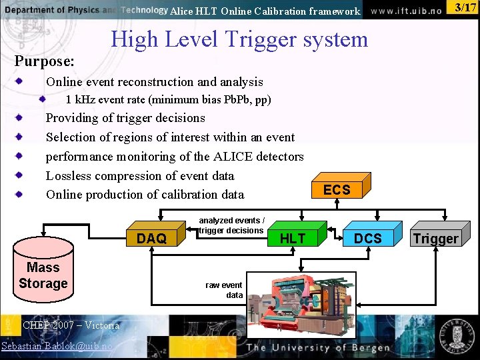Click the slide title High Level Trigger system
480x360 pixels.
pos(239,39)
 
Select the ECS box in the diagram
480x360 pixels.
pos(337,189)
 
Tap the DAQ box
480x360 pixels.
pos(152,238)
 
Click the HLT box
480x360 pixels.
pos(293,238)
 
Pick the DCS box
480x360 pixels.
pos(368,238)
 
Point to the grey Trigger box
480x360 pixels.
pos(435,238)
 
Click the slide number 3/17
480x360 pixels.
pos(465,8)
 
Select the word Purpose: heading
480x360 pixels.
pos(45,61)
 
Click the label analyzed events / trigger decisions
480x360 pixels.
pos(231,225)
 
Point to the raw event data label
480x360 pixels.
pos(224,290)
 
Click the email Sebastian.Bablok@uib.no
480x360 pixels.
pos(57,346)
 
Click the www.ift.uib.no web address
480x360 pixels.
pos(406,11)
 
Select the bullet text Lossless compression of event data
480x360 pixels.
pos(140,176)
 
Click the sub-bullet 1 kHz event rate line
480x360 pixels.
pos(168,100)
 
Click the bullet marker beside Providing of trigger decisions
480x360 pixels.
pos(21,118)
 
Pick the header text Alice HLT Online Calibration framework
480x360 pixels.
pos(265,11)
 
